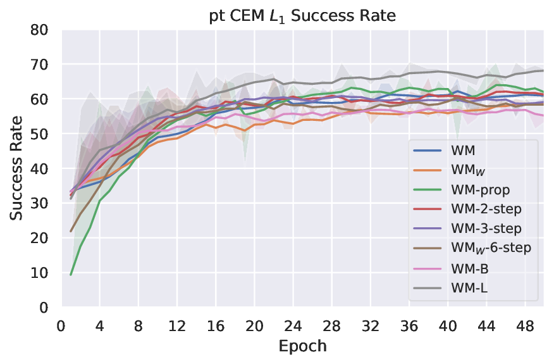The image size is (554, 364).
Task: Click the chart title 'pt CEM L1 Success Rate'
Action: pyautogui.click(x=302, y=16)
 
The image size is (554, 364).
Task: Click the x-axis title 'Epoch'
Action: pyautogui.click(x=302, y=346)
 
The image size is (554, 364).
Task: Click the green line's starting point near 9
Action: pyautogui.click(x=71, y=275)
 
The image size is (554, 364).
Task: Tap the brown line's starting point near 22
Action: pyautogui.click(x=71, y=231)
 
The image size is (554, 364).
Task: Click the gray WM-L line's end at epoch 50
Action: pyautogui.click(x=544, y=71)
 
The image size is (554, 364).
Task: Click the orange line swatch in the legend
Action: pyautogui.click(x=428, y=170)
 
